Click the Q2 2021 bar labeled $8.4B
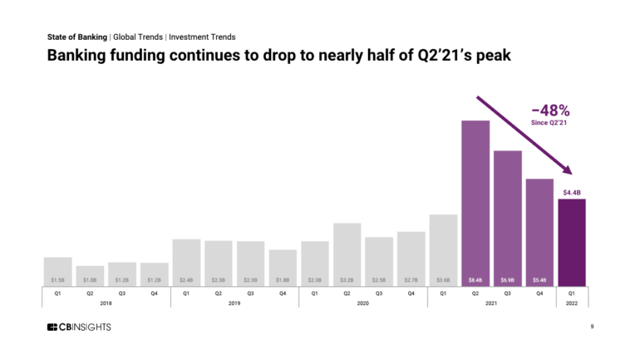(x=475, y=203)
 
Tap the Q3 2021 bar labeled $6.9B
(x=508, y=218)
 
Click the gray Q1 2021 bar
(x=443, y=249)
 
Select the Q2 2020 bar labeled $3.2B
(x=347, y=254)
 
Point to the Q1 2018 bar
(x=57, y=271)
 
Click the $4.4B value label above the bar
(x=571, y=192)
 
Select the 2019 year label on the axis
(x=234, y=303)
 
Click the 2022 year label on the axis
(x=572, y=303)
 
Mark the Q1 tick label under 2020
(x=315, y=293)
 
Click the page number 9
(x=591, y=327)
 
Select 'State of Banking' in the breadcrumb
(x=76, y=37)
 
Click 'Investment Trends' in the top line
(x=202, y=37)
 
